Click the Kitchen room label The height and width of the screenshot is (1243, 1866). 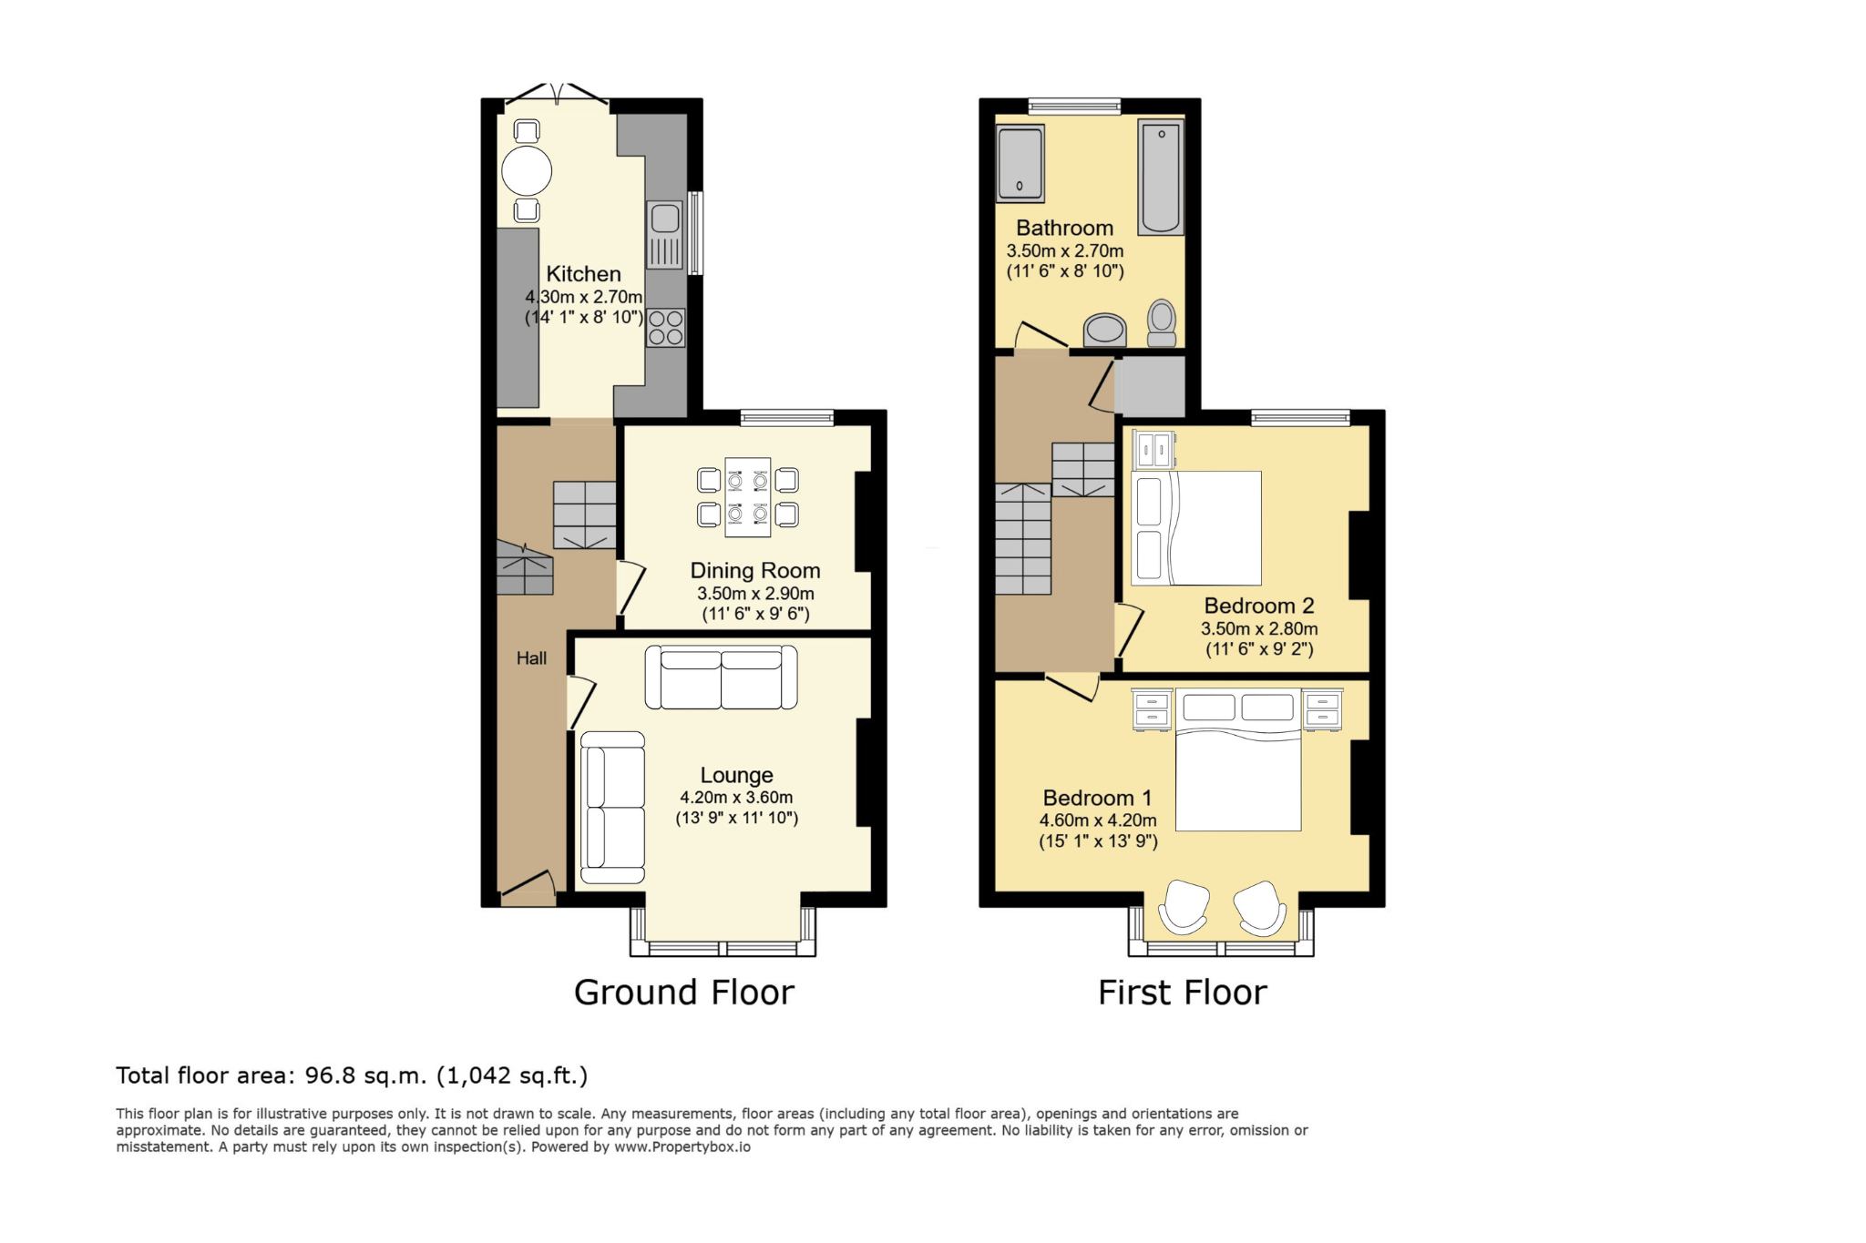click(x=583, y=274)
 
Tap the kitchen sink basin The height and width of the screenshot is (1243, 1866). click(x=665, y=219)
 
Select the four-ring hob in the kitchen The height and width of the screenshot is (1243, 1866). click(x=666, y=328)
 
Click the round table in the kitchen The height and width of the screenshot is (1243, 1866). click(x=527, y=170)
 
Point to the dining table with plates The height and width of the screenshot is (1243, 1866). click(x=748, y=497)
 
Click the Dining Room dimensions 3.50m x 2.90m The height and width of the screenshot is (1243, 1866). click(x=755, y=594)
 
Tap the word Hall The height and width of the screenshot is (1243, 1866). click(x=532, y=658)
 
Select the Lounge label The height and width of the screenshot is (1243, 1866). click(x=736, y=775)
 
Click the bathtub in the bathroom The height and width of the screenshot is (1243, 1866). click(x=1161, y=178)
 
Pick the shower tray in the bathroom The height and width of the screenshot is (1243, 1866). click(x=1020, y=163)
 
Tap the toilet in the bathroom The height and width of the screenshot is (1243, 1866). click(x=1162, y=323)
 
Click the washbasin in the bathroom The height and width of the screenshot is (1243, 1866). click(x=1105, y=330)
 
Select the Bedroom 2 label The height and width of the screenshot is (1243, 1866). click(x=1259, y=606)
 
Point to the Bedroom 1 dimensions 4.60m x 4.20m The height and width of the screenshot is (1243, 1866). click(x=1098, y=820)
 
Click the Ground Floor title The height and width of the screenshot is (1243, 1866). click(x=684, y=993)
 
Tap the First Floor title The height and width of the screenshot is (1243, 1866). click(x=1183, y=993)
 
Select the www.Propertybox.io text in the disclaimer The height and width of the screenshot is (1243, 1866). click(x=682, y=1147)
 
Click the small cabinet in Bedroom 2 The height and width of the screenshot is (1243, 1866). click(x=1153, y=450)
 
